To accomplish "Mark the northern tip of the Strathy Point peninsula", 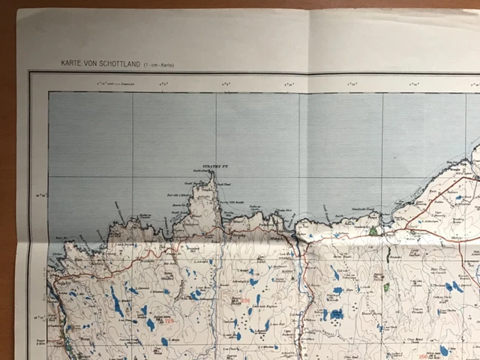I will pyautogui.click(x=212, y=173).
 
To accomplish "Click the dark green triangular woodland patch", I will pyautogui.click(x=373, y=231).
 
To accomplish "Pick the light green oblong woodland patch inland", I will pyautogui.click(x=387, y=287).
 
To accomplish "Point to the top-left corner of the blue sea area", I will pyautogui.click(x=49, y=93).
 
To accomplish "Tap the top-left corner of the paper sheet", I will pyautogui.click(x=18, y=10).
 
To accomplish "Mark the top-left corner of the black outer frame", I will pyautogui.click(x=30, y=72).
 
